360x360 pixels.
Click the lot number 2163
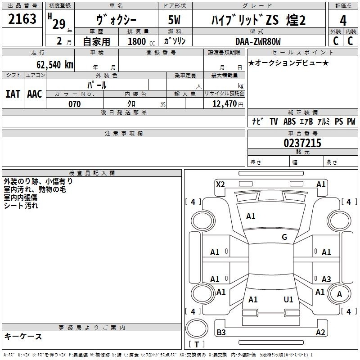pyautogui.click(x=22, y=19)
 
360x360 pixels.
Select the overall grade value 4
pyautogui.click(x=343, y=21)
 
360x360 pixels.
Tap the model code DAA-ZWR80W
pyautogui.click(x=258, y=41)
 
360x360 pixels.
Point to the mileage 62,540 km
pyautogui.click(x=55, y=64)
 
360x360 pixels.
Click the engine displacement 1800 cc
pyautogui.click(x=141, y=41)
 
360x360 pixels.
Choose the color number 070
pyautogui.click(x=74, y=104)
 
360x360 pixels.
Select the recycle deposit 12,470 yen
pyautogui.click(x=228, y=104)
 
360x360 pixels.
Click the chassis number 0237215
pyautogui.click(x=302, y=143)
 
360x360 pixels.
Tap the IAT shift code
pyautogui.click(x=13, y=94)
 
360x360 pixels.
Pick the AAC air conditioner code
pyautogui.click(x=35, y=94)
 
